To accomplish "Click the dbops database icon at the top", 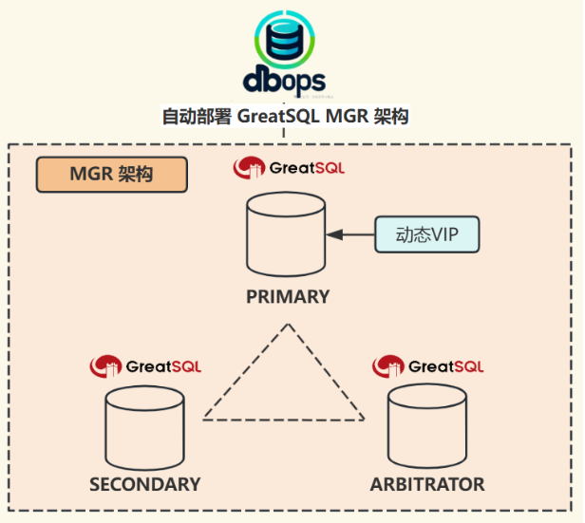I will click(x=286, y=37).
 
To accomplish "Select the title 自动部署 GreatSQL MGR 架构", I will click(x=285, y=117).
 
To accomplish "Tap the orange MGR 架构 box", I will click(x=111, y=175).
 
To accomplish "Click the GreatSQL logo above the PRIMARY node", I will click(x=290, y=169).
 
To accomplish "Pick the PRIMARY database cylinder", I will click(x=285, y=233).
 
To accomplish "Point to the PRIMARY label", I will click(x=288, y=296).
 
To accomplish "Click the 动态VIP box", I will click(x=425, y=233).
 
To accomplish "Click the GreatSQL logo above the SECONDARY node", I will click(x=145, y=365).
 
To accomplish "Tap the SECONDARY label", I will click(x=145, y=484).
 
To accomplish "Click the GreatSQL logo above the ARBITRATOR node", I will click(x=428, y=365).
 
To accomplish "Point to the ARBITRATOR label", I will click(x=427, y=484).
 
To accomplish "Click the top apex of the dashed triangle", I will click(x=285, y=325).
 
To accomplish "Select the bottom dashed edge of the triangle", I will click(x=284, y=419).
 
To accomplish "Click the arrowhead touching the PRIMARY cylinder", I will click(x=331, y=233).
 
